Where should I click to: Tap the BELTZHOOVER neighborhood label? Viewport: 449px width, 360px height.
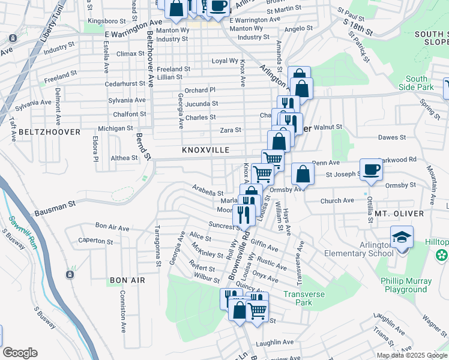41,131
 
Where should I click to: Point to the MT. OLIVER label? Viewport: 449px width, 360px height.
399,214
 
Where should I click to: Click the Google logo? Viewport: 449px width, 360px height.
20,353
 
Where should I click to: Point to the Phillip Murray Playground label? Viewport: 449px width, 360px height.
406,285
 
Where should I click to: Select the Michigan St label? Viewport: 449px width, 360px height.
115,128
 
